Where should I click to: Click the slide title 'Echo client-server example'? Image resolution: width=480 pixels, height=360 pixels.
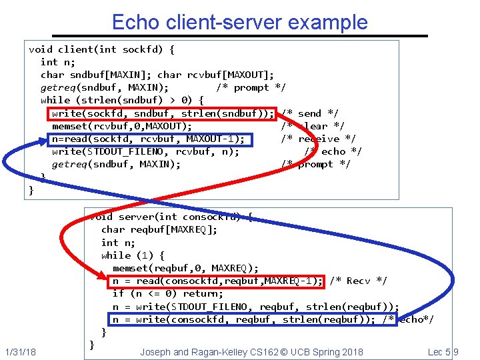[239, 22]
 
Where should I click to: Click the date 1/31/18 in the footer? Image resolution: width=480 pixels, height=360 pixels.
[21, 351]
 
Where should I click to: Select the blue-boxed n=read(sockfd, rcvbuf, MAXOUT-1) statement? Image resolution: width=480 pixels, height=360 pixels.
[151, 139]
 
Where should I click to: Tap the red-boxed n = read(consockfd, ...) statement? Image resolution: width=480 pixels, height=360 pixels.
[217, 281]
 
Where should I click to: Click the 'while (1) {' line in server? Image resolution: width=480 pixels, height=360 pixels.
[133, 255]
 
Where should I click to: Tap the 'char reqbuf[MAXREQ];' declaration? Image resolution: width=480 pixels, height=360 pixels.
[159, 229]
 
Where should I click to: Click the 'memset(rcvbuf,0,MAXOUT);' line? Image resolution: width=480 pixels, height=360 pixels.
[122, 126]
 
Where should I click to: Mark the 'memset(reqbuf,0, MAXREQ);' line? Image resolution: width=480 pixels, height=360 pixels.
[185, 268]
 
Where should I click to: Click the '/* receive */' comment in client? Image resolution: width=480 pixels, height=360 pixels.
[319, 139]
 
